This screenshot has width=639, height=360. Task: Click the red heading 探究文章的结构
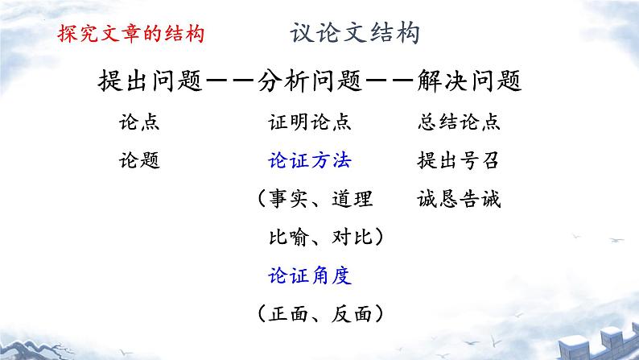pos(130,35)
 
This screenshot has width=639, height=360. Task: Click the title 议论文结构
pos(355,34)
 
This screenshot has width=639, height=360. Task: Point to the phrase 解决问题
pos(470,81)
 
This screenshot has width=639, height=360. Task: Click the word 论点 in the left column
pos(138,122)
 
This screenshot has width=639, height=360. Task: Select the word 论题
pos(138,160)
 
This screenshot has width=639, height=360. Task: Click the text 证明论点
pos(309,122)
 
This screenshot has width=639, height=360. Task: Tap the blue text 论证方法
pos(309,160)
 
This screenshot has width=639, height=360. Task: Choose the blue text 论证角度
pos(309,275)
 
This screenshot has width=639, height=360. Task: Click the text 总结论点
pos(460,122)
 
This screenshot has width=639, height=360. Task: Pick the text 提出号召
pos(460,160)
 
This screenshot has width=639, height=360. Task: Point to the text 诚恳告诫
pos(460,199)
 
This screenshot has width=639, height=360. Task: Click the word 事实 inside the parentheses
pos(288,199)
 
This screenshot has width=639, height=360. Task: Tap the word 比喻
pos(288,238)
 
